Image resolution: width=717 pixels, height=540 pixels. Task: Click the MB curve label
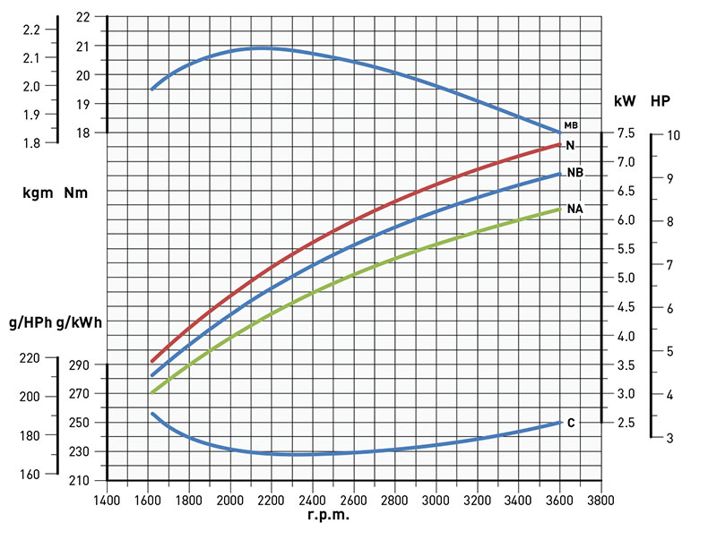571,125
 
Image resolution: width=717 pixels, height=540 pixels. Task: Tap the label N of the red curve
571,145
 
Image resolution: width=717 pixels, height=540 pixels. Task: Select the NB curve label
575,172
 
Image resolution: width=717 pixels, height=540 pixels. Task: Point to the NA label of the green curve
575,209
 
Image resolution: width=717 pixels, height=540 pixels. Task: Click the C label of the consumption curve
571,423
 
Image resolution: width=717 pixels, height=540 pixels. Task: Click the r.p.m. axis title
329,516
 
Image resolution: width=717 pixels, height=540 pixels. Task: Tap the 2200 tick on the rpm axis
272,500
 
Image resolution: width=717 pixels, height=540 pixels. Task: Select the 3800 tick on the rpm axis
599,500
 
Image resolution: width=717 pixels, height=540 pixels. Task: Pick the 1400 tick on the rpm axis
108,500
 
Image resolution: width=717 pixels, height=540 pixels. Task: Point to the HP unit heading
661,100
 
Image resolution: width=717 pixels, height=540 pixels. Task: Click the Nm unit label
76,193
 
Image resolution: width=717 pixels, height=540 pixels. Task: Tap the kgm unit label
38,193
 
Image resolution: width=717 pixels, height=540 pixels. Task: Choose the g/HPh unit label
30,321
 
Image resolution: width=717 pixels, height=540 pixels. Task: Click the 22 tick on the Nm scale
84,17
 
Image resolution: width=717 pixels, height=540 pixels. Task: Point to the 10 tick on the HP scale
674,134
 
